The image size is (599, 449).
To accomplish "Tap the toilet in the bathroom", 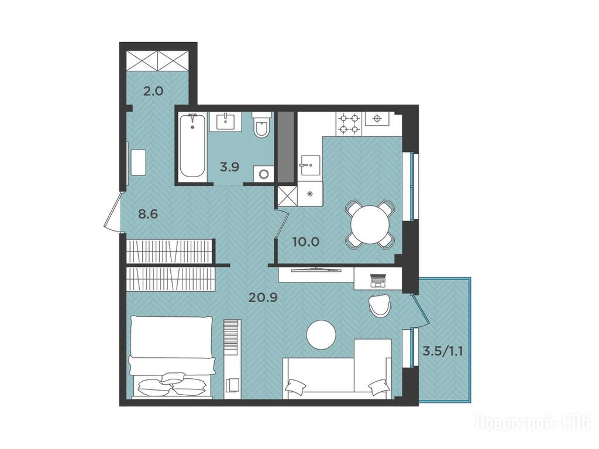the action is click(261, 125).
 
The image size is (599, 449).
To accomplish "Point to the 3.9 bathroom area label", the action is click(229, 167).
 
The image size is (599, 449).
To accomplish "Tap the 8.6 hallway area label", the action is click(148, 214).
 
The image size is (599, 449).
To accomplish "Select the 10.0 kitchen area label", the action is click(305, 241).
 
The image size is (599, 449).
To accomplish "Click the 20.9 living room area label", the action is click(262, 296).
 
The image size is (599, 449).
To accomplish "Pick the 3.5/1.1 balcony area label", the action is click(443, 351).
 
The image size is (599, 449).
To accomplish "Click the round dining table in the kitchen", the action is click(370, 225).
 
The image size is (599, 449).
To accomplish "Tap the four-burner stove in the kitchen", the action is click(349, 123).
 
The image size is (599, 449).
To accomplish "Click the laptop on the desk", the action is click(378, 280).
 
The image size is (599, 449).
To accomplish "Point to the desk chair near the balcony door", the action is click(379, 305).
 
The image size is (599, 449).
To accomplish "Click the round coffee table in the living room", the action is click(321, 334).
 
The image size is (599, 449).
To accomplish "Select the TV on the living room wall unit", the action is click(315, 270).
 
